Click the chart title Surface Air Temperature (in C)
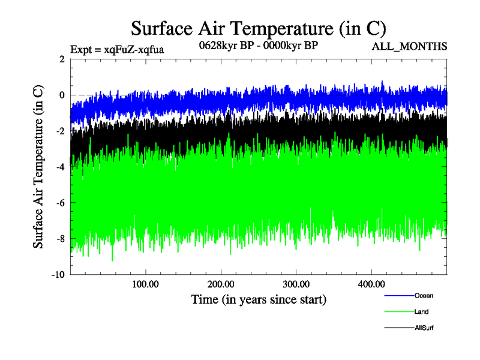click(x=258, y=28)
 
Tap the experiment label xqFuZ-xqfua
click(x=117, y=49)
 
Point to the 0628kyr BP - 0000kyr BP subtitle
click(x=258, y=45)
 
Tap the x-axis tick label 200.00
click(x=221, y=284)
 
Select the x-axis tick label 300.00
click(x=296, y=284)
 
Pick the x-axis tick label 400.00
click(x=371, y=284)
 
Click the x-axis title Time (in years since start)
click(x=259, y=299)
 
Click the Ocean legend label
click(x=423, y=296)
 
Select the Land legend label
click(x=421, y=312)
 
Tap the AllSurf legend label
click(x=424, y=328)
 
